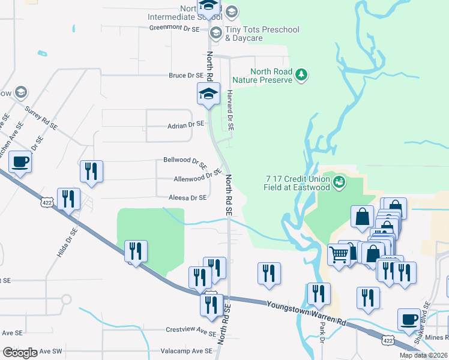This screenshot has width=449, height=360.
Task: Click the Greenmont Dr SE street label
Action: pyautogui.click(x=173, y=27)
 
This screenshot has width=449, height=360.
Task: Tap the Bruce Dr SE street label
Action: pyautogui.click(x=186, y=76)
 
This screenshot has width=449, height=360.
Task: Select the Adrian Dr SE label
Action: pyautogui.click(x=185, y=125)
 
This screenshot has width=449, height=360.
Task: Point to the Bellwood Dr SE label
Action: pyautogui.click(x=185, y=162)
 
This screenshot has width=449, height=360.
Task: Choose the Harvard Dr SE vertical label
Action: pyautogui.click(x=230, y=110)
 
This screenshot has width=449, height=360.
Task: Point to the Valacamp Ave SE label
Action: pyautogui.click(x=186, y=351)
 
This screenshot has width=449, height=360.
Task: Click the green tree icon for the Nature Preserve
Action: pyautogui.click(x=303, y=75)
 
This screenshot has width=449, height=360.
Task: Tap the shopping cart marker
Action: pyautogui.click(x=339, y=254)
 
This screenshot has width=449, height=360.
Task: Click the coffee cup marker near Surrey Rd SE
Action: pyautogui.click(x=20, y=161)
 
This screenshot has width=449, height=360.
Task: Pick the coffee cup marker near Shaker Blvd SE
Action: pyautogui.click(x=409, y=320)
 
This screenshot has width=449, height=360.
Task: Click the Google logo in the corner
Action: pyautogui.click(x=20, y=353)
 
